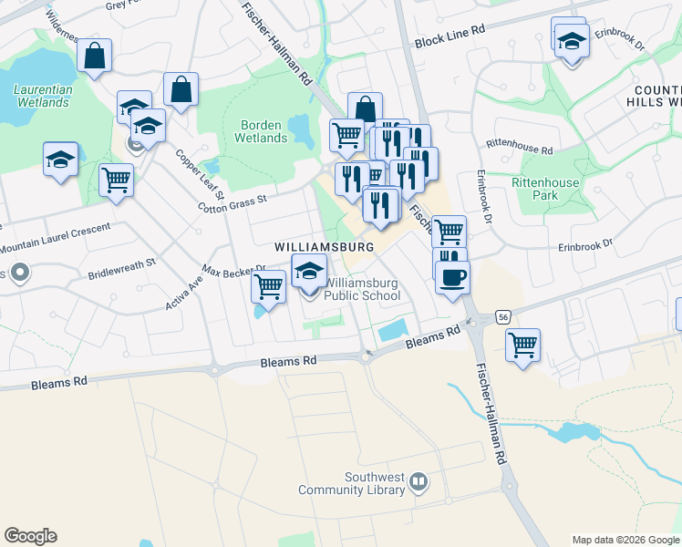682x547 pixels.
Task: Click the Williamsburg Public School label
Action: [x=362, y=289]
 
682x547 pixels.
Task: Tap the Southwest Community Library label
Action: [x=351, y=483]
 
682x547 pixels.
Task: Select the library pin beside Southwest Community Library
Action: [x=418, y=480]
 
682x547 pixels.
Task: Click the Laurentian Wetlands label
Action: [x=42, y=96]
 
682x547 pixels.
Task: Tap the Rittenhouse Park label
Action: [x=545, y=189]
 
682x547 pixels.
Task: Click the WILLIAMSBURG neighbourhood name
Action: [x=325, y=247]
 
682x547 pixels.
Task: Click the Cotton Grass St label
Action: [x=233, y=202]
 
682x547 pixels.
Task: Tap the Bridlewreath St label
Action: [x=122, y=268]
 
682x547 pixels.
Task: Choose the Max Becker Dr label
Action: [x=233, y=271]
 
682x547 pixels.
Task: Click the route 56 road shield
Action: [x=502, y=316]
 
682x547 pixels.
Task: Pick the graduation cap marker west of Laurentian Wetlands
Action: [x=61, y=160]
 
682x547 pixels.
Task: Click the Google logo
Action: [x=30, y=536]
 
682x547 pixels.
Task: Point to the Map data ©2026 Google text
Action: [x=625, y=540]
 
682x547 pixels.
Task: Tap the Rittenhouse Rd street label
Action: [x=520, y=147]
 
